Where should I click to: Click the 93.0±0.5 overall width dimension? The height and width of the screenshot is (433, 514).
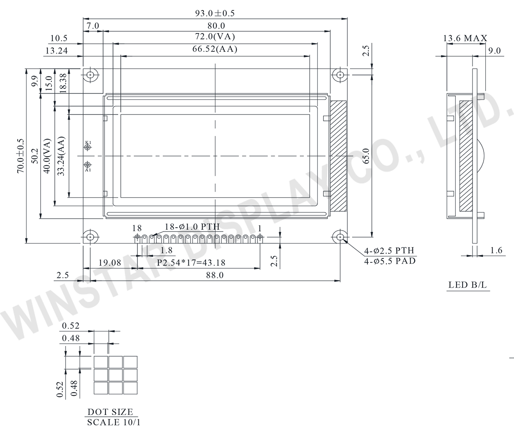215,13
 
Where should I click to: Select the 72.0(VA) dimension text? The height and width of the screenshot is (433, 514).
215,36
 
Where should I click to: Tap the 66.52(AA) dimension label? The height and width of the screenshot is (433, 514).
215,49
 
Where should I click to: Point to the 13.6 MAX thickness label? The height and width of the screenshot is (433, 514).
465,38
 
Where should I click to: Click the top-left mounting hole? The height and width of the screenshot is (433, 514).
90,75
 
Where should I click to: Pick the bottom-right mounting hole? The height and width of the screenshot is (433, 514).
340,237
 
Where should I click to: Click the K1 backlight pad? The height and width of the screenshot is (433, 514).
88,147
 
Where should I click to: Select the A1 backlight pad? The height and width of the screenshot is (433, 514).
88,165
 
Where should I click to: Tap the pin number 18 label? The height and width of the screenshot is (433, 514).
137,228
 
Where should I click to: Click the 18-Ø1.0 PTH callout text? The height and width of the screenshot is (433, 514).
192,227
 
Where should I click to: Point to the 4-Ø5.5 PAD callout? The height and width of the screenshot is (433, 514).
390,261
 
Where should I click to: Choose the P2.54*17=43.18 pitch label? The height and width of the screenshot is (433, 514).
191,263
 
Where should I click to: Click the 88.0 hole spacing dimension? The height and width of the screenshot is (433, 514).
215,275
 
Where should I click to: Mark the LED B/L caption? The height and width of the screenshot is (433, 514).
467,285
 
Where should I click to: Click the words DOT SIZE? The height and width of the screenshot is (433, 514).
110,412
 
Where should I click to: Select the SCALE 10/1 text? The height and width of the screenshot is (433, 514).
114,422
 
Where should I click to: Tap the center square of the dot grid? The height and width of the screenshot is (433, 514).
116,375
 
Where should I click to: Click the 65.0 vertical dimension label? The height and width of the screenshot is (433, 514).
366,156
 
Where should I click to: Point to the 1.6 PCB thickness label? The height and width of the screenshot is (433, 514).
496,250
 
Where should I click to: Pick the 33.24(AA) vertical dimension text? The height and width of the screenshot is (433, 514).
61,156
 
